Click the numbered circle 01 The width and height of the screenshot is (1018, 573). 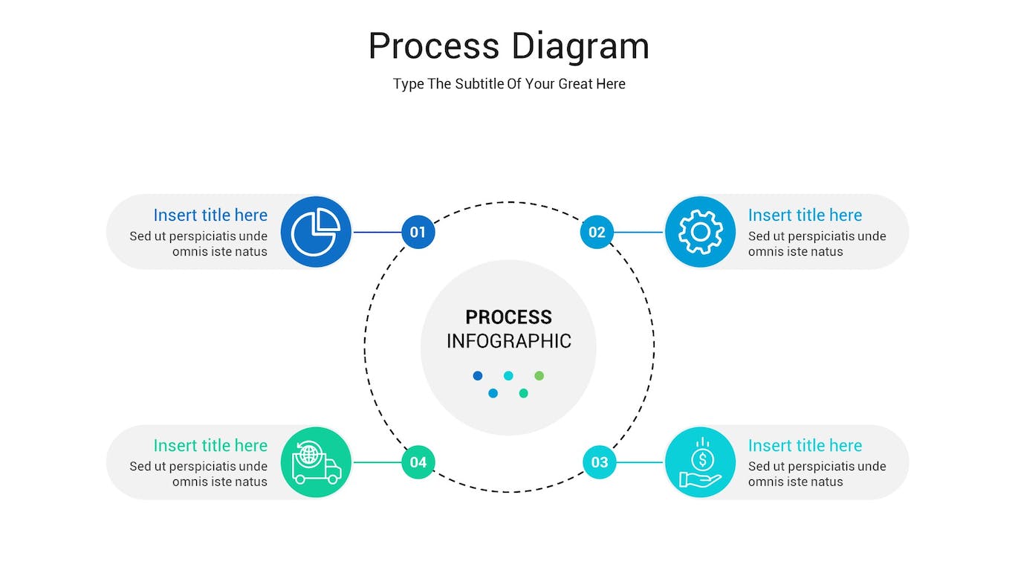tap(418, 232)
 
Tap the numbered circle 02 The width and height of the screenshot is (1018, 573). tap(597, 232)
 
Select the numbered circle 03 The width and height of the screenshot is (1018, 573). tap(600, 462)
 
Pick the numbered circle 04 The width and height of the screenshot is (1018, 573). tap(418, 462)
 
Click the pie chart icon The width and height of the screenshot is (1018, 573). tap(316, 232)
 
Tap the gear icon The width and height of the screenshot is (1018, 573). tap(700, 232)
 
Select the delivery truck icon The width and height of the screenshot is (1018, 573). tap(316, 462)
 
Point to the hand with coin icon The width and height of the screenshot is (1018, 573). tap(700, 462)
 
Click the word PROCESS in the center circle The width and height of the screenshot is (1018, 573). tap(508, 317)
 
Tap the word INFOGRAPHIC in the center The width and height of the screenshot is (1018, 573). tap(508, 341)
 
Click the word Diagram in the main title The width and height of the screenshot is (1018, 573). tap(580, 46)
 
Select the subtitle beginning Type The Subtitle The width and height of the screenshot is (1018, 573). tap(509, 84)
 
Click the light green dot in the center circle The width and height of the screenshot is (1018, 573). tap(539, 376)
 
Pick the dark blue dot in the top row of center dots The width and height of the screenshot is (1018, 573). tap(478, 376)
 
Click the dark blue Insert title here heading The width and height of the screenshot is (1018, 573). tap(210, 216)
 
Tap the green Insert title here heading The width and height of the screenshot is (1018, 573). tap(210, 446)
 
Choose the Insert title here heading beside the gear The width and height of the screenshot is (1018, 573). tap(805, 216)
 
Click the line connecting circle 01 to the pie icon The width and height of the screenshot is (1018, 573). tap(377, 232)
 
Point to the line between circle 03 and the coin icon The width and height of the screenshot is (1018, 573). tap(640, 462)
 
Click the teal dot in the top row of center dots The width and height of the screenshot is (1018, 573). tap(508, 376)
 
